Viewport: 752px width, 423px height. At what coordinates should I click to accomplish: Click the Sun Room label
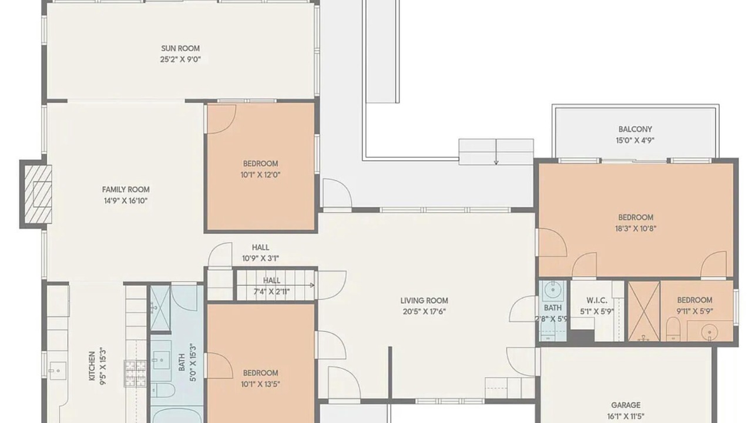(x=180, y=48)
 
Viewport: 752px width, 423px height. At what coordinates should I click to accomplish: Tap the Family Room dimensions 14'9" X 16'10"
(x=126, y=201)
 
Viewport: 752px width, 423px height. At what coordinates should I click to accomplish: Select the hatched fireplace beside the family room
(x=38, y=194)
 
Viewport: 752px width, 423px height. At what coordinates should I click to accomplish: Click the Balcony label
(x=635, y=129)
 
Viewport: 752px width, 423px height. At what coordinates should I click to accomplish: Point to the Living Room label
(x=424, y=300)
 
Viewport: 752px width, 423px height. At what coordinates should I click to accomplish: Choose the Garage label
(x=626, y=405)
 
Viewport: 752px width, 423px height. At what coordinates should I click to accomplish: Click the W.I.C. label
(x=597, y=300)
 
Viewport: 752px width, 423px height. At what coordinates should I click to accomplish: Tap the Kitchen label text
(x=92, y=366)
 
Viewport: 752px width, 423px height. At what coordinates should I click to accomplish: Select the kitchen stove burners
(x=135, y=373)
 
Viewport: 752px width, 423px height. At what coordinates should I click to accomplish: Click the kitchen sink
(x=58, y=371)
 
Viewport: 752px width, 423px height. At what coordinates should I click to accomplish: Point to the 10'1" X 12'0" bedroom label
(x=260, y=169)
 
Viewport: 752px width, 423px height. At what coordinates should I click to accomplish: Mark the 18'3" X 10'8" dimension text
(x=636, y=229)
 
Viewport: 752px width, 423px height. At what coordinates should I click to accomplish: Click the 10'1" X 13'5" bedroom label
(x=260, y=378)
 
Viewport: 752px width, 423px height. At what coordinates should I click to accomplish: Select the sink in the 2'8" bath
(x=552, y=290)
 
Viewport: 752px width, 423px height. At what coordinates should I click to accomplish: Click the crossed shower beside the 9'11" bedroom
(x=644, y=311)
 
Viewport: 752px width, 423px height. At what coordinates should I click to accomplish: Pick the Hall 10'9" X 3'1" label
(x=260, y=253)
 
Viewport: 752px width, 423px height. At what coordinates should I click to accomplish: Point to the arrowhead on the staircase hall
(x=312, y=285)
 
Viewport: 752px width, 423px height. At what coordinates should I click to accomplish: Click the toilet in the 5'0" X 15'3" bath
(x=163, y=391)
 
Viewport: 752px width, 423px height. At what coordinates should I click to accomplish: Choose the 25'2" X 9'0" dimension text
(x=180, y=60)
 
